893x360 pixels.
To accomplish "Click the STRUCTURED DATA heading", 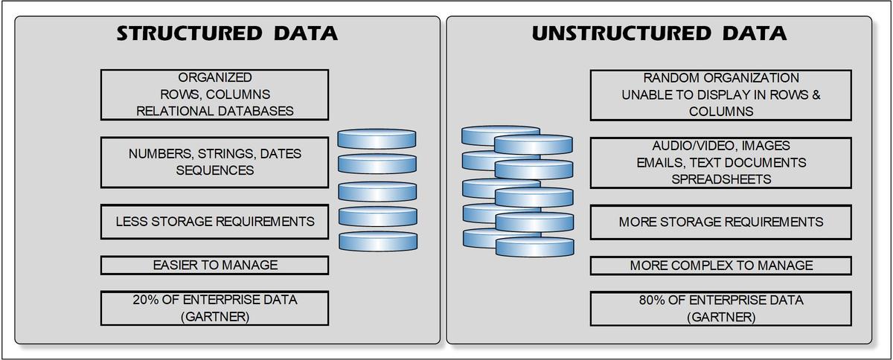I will [227, 33].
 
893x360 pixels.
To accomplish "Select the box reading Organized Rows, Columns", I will [214, 94].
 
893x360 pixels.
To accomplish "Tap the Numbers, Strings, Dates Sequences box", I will [214, 162].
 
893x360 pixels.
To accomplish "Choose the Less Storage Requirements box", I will [214, 222].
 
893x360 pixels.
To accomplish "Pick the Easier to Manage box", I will [214, 265].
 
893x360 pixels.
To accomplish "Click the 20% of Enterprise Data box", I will [214, 308].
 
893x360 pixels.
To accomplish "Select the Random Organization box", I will [720, 94].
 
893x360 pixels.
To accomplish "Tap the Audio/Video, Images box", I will [720, 162].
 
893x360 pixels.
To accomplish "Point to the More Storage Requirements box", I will [720, 222].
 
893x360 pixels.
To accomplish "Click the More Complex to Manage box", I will [720, 265].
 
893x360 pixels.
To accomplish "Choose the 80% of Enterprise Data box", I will [720, 308].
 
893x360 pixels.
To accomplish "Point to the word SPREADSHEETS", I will [720, 179].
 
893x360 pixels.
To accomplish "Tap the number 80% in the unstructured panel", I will [653, 300].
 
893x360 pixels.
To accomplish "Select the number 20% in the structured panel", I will [146, 300].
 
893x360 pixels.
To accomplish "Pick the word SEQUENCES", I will [214, 171].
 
